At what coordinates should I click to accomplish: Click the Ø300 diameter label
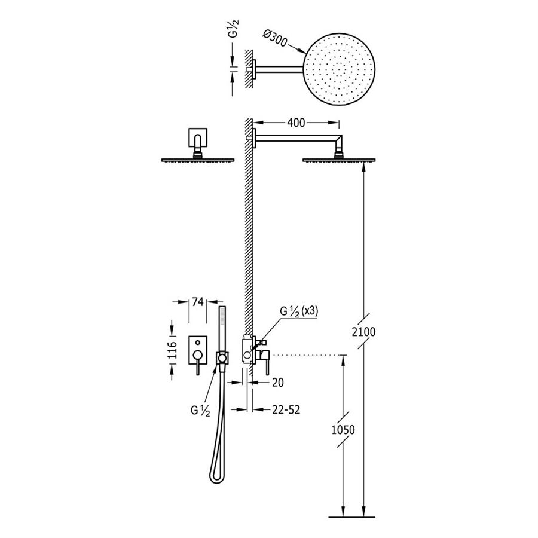(x=275, y=38)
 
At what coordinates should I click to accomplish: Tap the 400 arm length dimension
(x=296, y=123)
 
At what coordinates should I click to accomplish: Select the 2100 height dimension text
(x=363, y=332)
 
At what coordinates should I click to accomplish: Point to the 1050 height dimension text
(x=343, y=430)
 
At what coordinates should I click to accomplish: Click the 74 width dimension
(x=198, y=302)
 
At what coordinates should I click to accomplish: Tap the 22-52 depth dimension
(x=286, y=409)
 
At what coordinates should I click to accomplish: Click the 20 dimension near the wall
(x=278, y=383)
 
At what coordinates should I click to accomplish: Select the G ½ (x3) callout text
(x=299, y=311)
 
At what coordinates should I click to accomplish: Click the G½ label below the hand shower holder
(x=200, y=411)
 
